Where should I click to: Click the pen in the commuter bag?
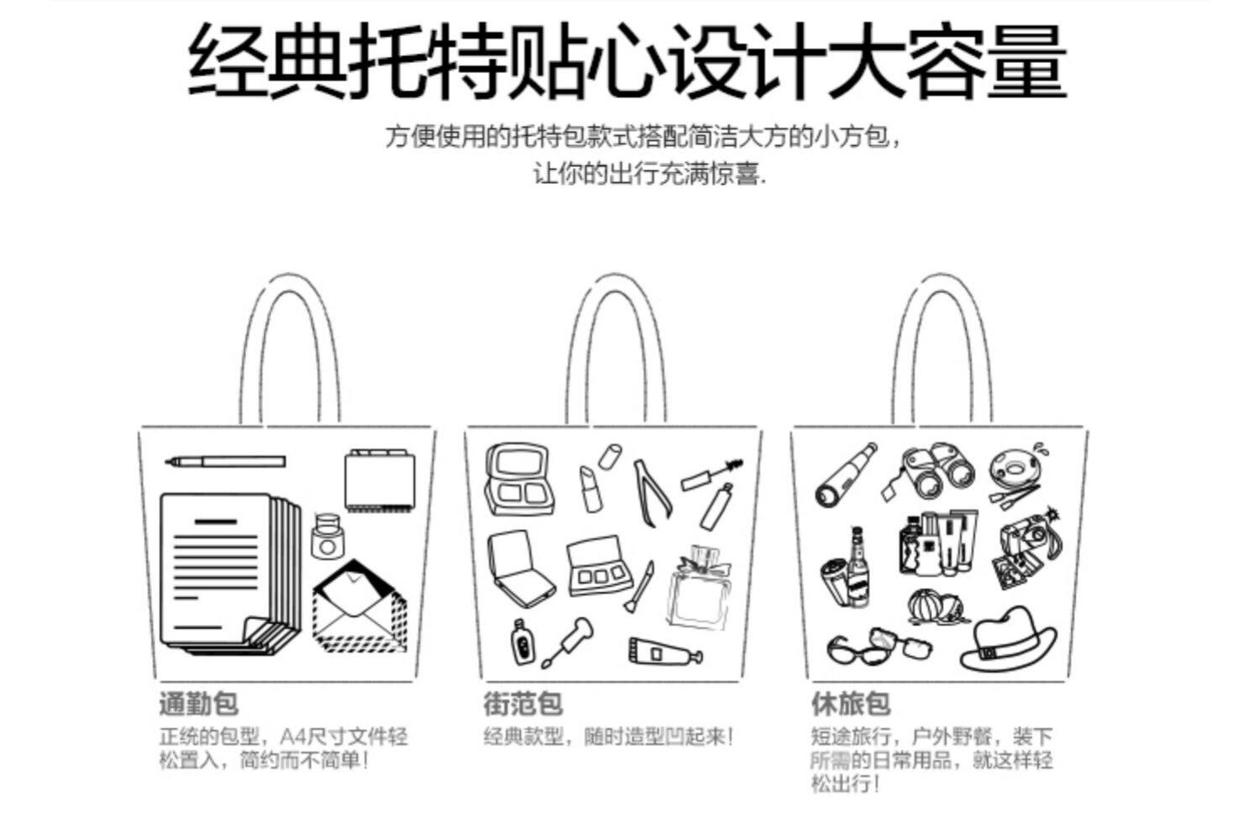point(225,461)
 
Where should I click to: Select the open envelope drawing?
point(360,607)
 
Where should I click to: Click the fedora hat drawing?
point(1008,638)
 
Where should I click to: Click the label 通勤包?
point(198,704)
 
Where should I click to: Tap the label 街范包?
point(522,704)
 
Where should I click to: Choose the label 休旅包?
point(850,704)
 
